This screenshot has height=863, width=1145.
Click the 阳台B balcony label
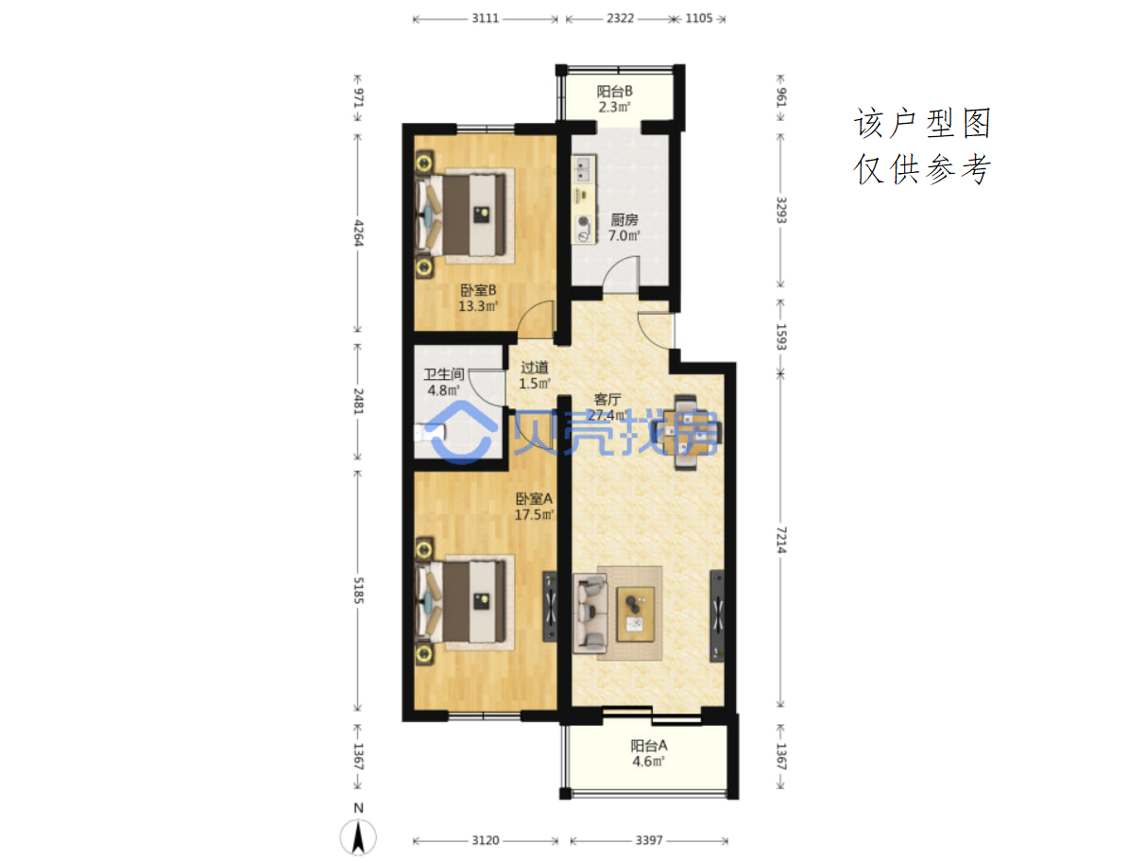point(614,92)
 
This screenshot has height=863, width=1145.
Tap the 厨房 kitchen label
point(624,219)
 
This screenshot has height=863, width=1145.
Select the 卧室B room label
point(478,289)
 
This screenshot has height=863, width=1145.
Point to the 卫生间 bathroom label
point(443,373)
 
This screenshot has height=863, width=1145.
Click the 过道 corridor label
point(534,368)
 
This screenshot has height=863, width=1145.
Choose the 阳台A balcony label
point(648,745)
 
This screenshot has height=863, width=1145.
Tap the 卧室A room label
point(533,498)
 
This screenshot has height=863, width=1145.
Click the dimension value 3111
point(486,18)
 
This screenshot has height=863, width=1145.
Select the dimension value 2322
point(620,18)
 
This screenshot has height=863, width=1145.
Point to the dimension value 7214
point(781,540)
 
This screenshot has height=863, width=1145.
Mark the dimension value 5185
point(358,590)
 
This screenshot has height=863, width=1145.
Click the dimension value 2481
point(358,401)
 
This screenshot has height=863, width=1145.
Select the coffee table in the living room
point(635,613)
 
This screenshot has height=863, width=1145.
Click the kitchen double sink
point(583,168)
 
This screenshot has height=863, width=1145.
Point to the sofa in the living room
point(590,613)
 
